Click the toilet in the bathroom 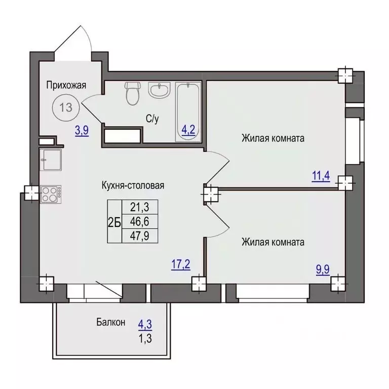133,93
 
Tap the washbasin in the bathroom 159,91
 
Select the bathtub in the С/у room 188,112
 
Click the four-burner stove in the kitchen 51,194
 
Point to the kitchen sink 51,160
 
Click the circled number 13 66,108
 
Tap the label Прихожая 66,85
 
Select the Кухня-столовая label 133,185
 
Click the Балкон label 111,322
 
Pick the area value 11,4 321,176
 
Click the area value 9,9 323,269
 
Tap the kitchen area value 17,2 181,264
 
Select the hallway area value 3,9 82,131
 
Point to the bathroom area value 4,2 188,130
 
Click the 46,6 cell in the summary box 140,221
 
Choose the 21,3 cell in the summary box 140,207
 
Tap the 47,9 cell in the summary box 140,236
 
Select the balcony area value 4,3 145,325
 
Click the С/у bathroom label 152,119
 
